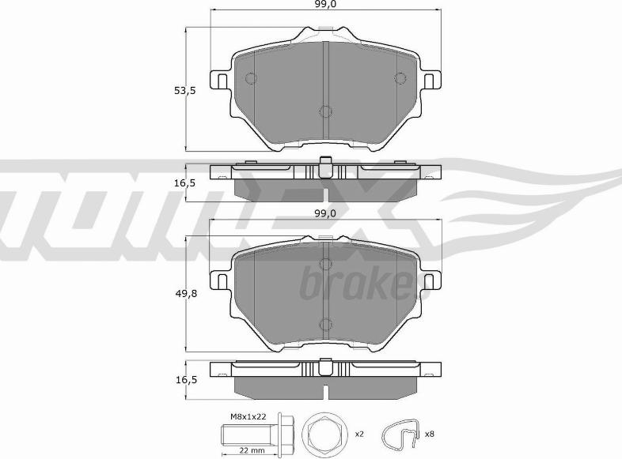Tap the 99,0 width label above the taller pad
click(324, 5)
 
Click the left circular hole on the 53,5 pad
click(251, 78)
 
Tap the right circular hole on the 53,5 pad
click(400, 78)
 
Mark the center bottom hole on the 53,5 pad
click(324, 112)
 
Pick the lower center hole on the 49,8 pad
click(324, 322)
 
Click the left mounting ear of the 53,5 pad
click(218, 81)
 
